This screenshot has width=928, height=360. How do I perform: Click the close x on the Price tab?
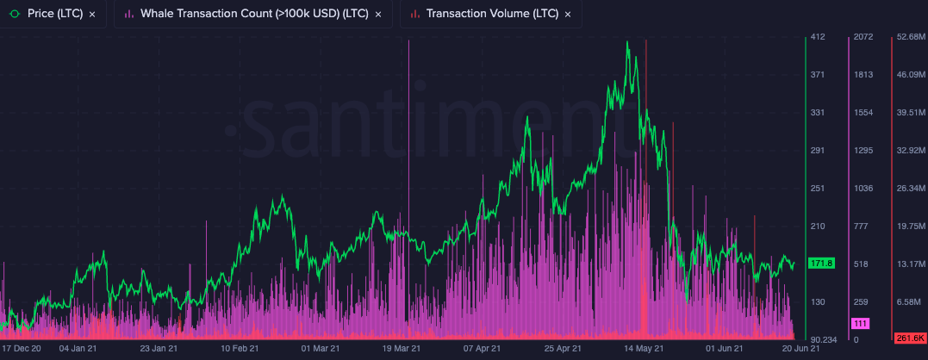pos(92,15)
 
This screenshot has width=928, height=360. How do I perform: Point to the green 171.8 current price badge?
pos(821,263)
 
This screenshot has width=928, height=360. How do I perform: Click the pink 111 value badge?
pos(860,323)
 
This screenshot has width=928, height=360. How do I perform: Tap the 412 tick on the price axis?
pos(818,37)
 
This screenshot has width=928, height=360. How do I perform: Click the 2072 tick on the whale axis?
pos(863,37)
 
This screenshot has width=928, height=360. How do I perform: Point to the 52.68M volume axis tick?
pos(910,37)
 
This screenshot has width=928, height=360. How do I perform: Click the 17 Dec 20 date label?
pos(21,349)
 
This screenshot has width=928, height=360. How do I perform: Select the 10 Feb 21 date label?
pos(240,349)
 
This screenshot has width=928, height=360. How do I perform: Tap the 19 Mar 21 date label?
pos(402,349)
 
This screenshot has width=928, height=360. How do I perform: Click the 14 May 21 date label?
pos(644,349)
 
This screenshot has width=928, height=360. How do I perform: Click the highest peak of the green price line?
pos(628,41)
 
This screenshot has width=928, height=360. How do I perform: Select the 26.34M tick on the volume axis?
pos(910,189)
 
